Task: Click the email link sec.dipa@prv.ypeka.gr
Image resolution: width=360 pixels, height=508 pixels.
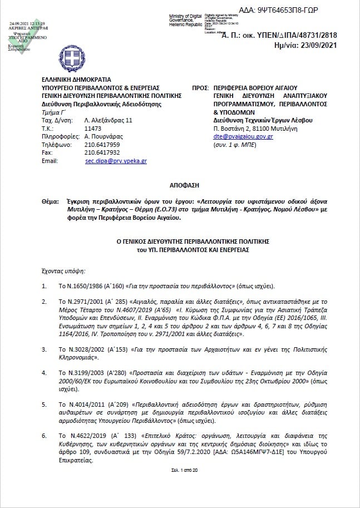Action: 116,160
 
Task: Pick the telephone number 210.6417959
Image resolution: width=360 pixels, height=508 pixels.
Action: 101,144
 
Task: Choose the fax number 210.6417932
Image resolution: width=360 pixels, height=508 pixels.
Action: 101,152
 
